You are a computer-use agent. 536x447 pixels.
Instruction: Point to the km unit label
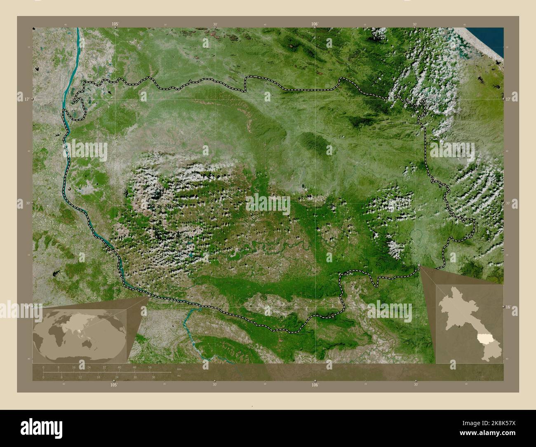pos(179,369)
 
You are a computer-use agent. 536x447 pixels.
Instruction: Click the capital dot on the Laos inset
pos(460,327)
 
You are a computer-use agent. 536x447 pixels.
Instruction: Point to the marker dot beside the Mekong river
pos(71,189)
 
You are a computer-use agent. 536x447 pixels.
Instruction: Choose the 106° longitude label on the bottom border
pos(315,385)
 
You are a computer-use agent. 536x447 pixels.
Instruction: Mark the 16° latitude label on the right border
pos(508,307)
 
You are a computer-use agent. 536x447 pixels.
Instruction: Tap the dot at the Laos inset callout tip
pos(420,266)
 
